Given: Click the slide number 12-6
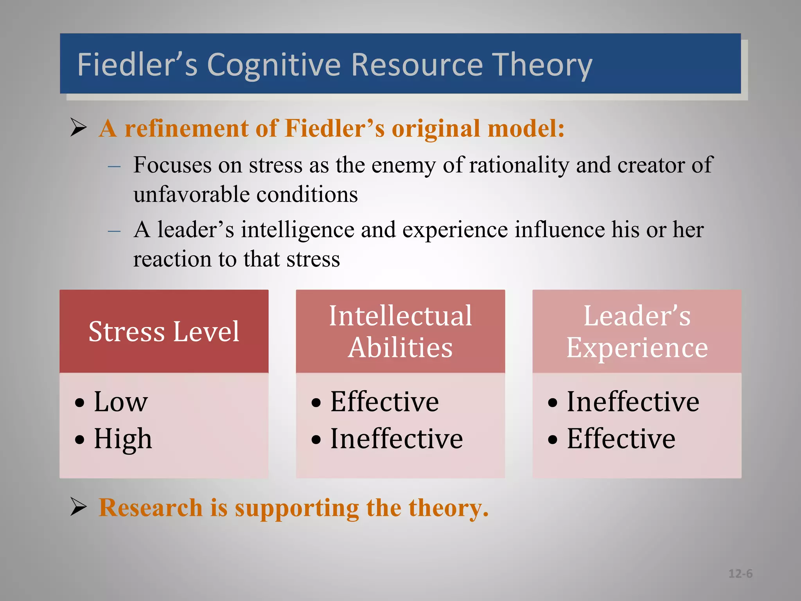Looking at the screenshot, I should pos(740,574).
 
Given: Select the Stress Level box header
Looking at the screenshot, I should pos(164,331).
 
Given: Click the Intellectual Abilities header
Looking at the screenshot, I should pos(400,331).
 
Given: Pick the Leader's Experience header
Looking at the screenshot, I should pos(637,331).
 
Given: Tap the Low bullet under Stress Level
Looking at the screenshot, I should pos(120,401).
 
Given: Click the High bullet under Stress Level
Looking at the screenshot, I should pos(122,439).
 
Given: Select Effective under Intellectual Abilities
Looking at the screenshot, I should pos(384,401).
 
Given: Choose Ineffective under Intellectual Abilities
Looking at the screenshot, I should pos(396,439).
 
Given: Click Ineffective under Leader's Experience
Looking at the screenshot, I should pos(632,401).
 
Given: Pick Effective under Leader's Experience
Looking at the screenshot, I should pos(621,439).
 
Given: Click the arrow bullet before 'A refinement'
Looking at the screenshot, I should pos(79,128).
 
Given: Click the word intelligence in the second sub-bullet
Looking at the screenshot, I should pos(297,230).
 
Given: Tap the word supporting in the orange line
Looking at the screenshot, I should pos(297,508).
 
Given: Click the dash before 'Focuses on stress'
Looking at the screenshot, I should pos(114,166).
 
